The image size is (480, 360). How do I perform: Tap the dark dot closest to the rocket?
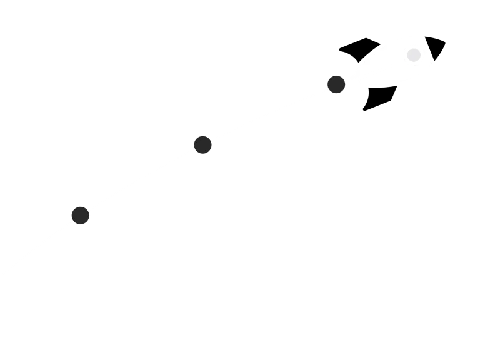click(x=336, y=84)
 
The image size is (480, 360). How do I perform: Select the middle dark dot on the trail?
click(x=202, y=144)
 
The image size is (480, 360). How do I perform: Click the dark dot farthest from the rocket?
click(x=81, y=216)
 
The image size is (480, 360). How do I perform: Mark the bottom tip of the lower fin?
click(x=365, y=110)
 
